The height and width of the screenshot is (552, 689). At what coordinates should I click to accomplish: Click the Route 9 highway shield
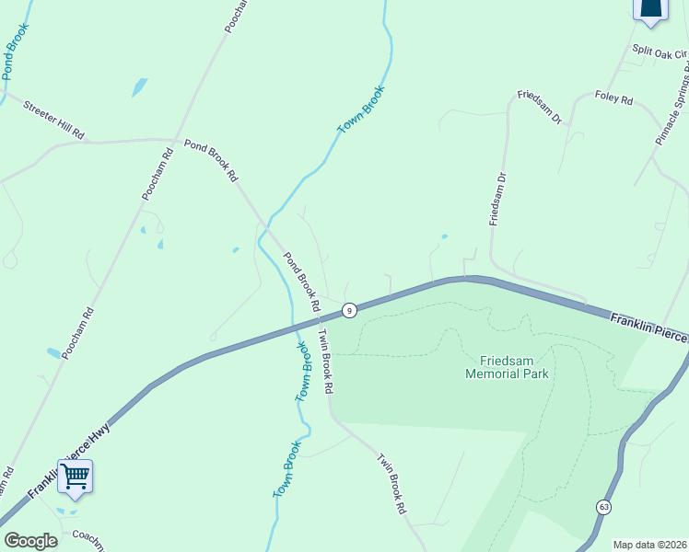349,311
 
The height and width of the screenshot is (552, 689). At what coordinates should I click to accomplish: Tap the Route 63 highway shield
603,507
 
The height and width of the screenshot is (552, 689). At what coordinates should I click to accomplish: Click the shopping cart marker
75,477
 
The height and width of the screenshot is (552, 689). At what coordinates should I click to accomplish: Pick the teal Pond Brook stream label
15,52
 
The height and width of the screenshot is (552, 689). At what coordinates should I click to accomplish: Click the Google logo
30,541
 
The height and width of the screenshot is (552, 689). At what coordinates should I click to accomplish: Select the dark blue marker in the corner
650,9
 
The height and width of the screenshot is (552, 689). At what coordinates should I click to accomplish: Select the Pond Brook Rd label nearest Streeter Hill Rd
211,159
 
